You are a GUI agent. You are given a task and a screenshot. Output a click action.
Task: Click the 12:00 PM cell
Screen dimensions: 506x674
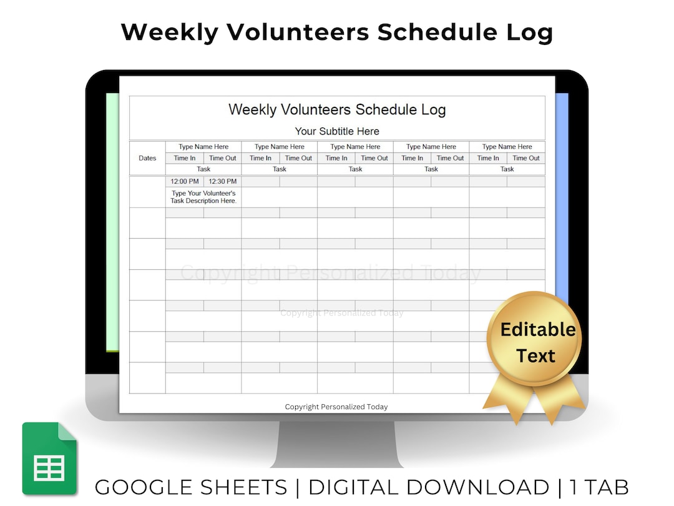click(x=185, y=182)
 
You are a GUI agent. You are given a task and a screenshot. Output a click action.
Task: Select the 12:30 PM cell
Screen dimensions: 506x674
click(x=222, y=182)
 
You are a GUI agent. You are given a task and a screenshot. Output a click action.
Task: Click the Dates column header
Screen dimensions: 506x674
click(x=147, y=158)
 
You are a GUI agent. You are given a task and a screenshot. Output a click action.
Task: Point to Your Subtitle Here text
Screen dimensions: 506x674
click(x=337, y=131)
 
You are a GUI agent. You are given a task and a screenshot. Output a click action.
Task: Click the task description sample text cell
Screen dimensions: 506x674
click(x=203, y=197)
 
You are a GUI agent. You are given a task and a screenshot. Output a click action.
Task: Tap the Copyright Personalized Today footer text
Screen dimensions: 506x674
click(x=336, y=407)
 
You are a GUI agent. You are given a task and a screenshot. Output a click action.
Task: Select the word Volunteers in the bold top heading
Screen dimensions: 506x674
click(x=291, y=32)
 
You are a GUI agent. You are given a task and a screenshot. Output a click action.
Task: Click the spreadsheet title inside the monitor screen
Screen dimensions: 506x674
click(x=337, y=110)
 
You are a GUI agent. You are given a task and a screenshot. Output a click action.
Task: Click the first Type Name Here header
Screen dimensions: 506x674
click(x=203, y=147)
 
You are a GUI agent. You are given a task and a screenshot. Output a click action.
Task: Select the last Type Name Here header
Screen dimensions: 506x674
click(x=507, y=147)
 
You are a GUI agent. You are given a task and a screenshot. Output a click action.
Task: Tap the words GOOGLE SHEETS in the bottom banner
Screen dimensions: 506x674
click(x=191, y=487)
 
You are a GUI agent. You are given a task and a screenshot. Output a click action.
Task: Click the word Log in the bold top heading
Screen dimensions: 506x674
click(x=532, y=32)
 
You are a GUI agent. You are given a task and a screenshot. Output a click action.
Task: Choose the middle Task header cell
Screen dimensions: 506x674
click(x=355, y=169)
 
